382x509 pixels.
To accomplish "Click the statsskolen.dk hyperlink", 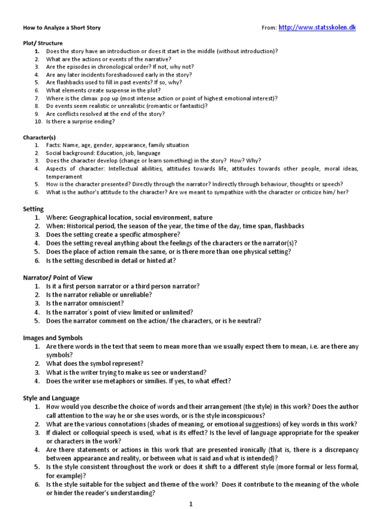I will coord(324,27).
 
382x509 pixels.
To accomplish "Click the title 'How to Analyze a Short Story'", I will coord(62,28).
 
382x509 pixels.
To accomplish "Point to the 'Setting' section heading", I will coord(33,209).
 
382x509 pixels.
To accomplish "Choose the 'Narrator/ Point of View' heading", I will coord(58,277).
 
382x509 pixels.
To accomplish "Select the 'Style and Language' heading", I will coord(51,398).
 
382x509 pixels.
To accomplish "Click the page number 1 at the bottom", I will coord(191,504).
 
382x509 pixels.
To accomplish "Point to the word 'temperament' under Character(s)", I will coord(64,176).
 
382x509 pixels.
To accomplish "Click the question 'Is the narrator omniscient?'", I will coord(85,303).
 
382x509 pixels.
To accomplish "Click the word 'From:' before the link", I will coord(269,28).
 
